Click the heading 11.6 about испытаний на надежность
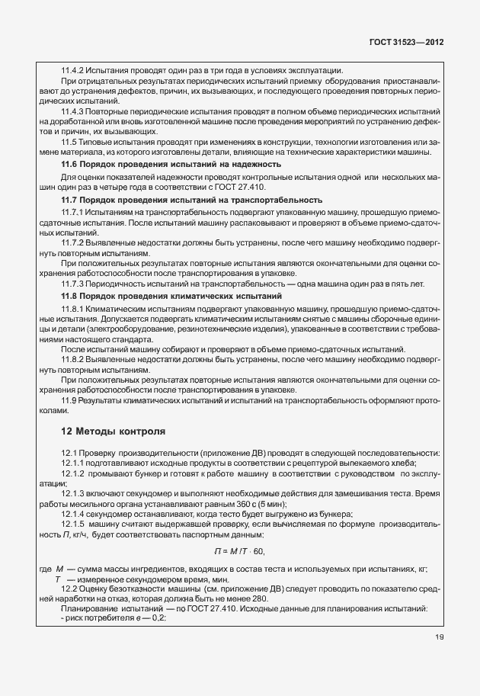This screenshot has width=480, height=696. click(x=171, y=164)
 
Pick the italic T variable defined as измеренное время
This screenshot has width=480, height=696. click(x=58, y=579)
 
